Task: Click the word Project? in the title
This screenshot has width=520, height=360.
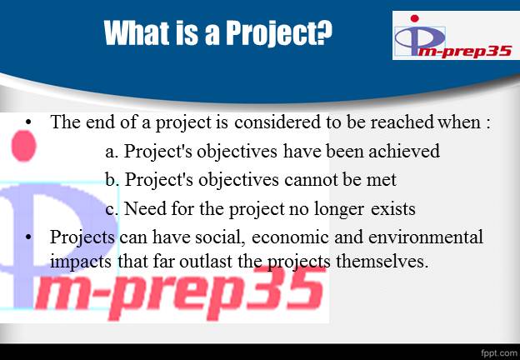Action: [279, 33]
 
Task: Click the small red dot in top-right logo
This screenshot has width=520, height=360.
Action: [414, 18]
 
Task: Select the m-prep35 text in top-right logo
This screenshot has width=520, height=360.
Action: [464, 52]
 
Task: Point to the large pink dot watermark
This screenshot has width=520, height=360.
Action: [23, 146]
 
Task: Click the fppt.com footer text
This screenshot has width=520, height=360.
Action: [499, 352]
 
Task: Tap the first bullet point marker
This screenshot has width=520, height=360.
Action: [28, 122]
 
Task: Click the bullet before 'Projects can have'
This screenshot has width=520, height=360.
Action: [28, 237]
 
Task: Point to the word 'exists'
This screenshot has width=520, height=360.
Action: [393, 209]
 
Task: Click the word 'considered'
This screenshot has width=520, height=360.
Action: [277, 122]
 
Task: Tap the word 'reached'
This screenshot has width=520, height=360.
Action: [402, 122]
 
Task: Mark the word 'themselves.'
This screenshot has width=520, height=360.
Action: [381, 262]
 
